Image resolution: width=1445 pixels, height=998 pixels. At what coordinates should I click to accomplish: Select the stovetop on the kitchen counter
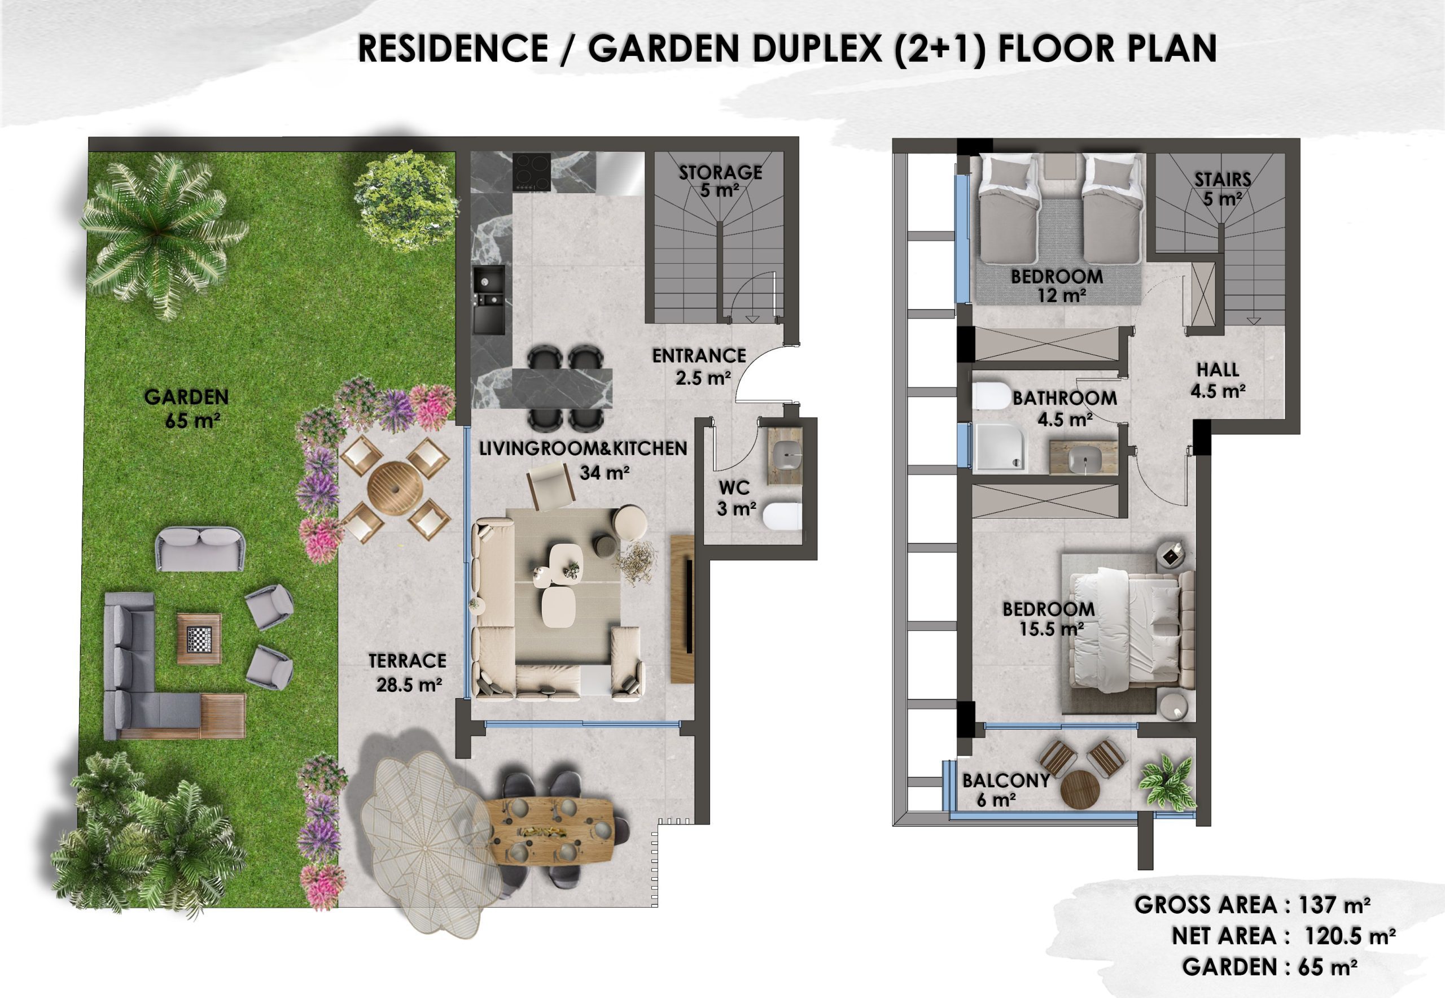coord(531,171)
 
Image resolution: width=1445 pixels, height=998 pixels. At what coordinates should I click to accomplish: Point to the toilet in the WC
coord(782,516)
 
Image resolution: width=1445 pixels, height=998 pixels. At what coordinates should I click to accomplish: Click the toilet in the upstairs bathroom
coord(991,396)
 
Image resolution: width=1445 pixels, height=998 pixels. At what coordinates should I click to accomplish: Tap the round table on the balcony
coord(1080,789)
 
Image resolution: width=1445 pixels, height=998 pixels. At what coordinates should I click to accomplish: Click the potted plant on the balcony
coord(1166,780)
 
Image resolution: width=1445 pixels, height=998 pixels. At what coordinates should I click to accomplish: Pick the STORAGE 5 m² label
coord(720,181)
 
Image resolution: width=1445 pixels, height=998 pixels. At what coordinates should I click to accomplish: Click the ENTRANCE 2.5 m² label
coord(699,367)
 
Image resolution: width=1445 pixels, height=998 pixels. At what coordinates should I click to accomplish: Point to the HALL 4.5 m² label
coord(1218,380)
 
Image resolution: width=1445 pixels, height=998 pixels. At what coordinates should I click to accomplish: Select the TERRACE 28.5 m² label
coord(408,673)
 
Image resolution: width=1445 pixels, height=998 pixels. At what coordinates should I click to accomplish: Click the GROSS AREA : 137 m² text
coord(1252,905)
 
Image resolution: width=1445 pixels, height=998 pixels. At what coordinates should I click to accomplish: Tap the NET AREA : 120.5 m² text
coord(1284,936)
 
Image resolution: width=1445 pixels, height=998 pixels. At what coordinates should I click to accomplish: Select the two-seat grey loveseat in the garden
coord(200,548)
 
